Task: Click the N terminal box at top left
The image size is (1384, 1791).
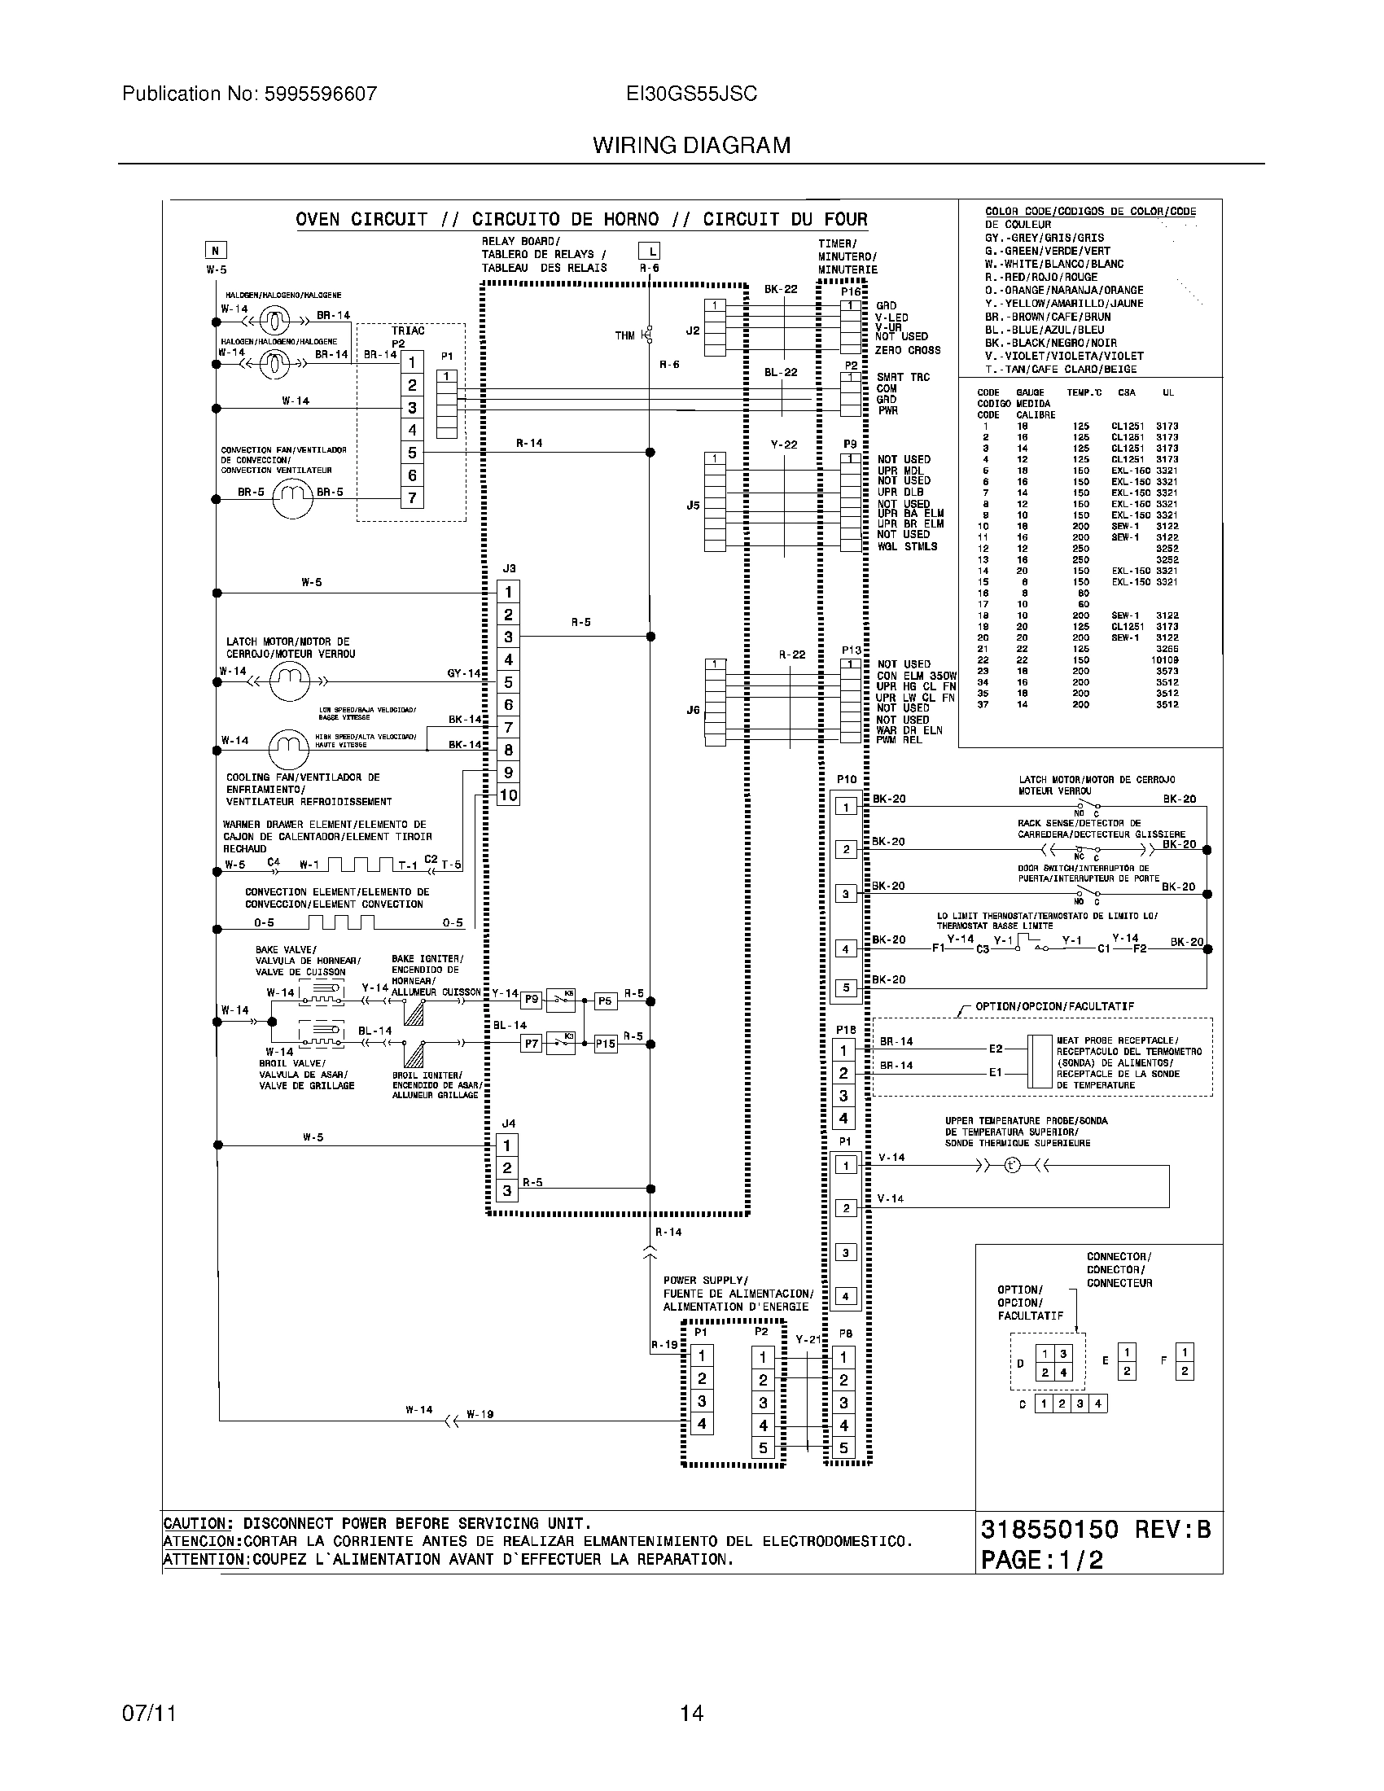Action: pos(216,251)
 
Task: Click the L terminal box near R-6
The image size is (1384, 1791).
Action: pos(649,251)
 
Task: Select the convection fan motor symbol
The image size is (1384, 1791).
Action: pos(293,497)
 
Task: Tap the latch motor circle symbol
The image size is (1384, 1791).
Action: pos(290,681)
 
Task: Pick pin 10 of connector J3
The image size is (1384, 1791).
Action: pos(508,795)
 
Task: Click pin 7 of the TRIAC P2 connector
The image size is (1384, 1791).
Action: pos(412,497)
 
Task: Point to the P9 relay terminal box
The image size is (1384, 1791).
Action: pos(532,1000)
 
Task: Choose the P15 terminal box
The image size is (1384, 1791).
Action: pos(605,1044)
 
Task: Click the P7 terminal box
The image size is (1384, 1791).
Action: pos(532,1044)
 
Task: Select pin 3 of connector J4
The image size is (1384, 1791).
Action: pos(507,1191)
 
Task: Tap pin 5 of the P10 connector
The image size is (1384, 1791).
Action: pos(846,988)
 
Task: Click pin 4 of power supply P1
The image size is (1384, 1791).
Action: pos(702,1424)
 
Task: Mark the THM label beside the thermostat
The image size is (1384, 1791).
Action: pos(624,335)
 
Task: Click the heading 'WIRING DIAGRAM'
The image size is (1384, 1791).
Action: pos(691,146)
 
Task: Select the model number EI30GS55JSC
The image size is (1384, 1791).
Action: pos(691,94)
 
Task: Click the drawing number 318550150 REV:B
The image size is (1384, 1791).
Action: pos(1095,1530)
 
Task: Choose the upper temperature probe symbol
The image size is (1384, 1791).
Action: pos(1012,1166)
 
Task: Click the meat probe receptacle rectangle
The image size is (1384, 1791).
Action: pos(1040,1060)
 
